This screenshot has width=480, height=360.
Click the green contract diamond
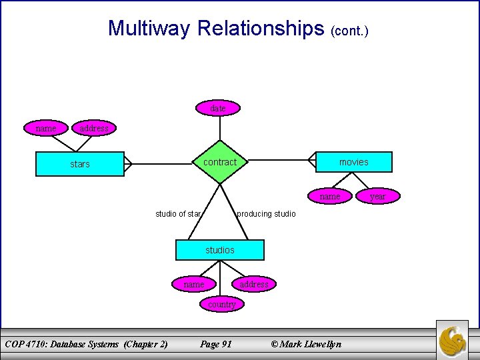(219, 162)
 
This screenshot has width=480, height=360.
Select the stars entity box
(80, 164)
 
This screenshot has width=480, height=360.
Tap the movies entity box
(353, 162)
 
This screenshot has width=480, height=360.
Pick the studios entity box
(220, 249)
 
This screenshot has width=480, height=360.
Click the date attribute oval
(218, 108)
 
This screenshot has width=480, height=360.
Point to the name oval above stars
(45, 128)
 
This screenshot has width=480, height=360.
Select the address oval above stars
(93, 128)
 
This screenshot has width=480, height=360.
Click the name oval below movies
(329, 196)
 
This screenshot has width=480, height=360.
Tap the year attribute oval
(377, 196)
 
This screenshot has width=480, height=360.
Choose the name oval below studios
(193, 284)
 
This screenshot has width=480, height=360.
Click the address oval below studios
(253, 284)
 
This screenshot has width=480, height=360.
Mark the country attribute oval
(221, 304)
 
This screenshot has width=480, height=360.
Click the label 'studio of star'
(178, 214)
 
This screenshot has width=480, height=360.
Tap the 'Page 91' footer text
(216, 344)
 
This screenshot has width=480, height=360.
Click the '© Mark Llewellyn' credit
(305, 344)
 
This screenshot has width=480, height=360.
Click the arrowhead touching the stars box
(128, 162)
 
